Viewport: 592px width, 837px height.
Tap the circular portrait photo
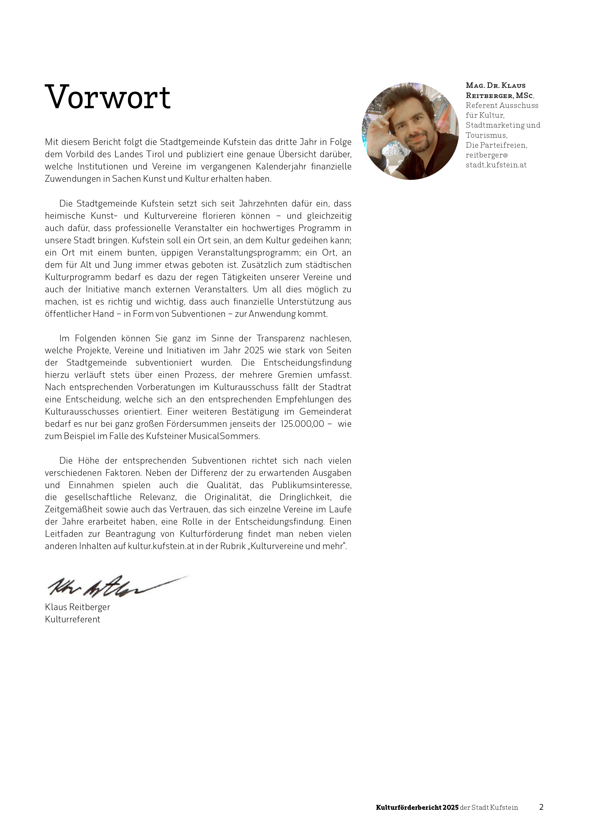click(410, 131)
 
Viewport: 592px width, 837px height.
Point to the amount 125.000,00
click(302, 424)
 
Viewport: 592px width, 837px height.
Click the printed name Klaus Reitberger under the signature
click(77, 607)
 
